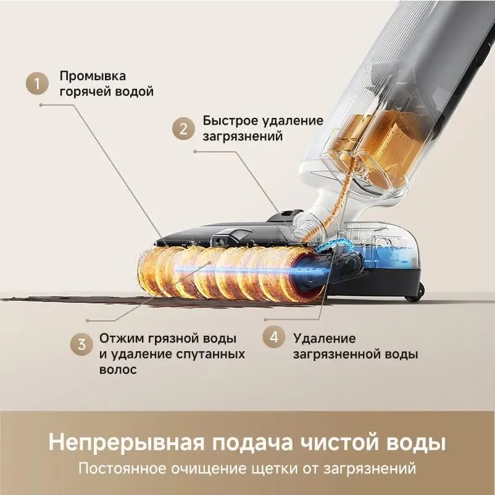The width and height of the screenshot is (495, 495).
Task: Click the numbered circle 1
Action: tap(38, 84)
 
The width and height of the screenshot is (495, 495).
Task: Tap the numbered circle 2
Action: tap(183, 129)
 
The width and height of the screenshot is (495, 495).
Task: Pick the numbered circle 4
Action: tap(274, 338)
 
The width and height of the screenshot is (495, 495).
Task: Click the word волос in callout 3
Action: tap(117, 370)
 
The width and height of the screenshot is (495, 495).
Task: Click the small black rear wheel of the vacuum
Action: tap(412, 293)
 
